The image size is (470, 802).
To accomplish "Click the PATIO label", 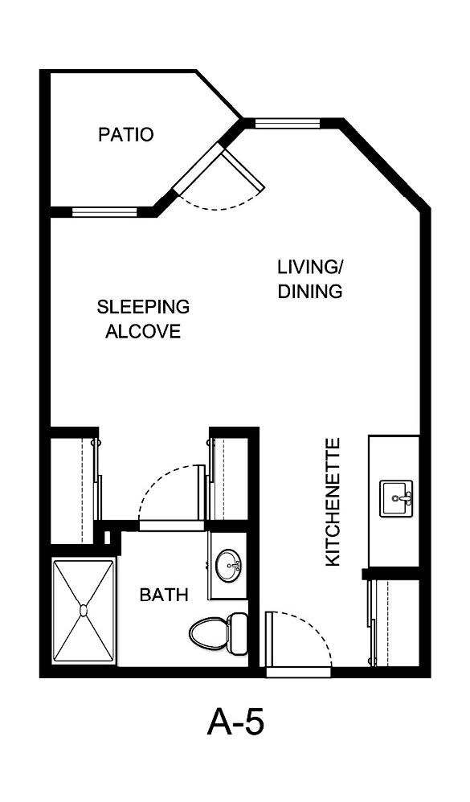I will click(x=125, y=134).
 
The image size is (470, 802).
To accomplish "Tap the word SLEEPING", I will click(x=143, y=307).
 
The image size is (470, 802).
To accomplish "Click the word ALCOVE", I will click(x=143, y=331).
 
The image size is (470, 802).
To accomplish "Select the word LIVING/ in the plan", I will click(x=310, y=267).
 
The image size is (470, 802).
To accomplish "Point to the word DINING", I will click(x=310, y=291).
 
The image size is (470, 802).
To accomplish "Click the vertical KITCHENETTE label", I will click(x=333, y=501).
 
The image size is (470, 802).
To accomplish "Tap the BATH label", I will click(x=164, y=595).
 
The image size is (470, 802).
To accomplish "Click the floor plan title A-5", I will click(x=235, y=722).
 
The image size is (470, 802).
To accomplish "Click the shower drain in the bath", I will click(x=83, y=611).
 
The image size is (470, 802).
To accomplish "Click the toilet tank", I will click(x=238, y=632).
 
